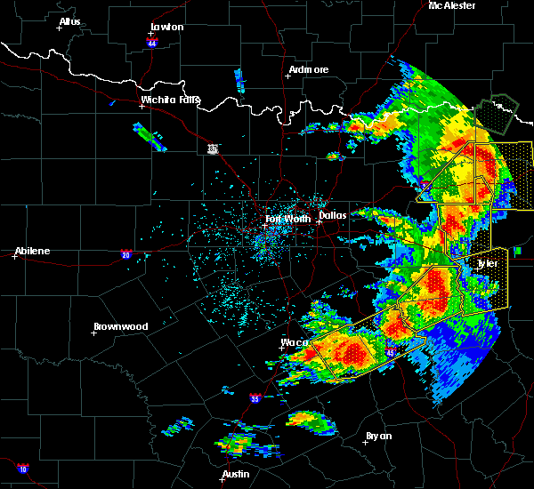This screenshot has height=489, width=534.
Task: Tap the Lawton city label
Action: click(166, 27)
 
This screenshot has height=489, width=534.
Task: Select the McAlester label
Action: click(452, 5)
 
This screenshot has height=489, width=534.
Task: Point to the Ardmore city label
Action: click(309, 69)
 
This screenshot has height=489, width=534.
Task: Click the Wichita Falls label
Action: click(171, 100)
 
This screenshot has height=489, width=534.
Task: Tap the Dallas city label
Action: click(332, 214)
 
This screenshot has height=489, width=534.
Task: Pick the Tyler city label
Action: click(487, 263)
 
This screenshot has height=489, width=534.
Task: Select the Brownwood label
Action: click(119, 326)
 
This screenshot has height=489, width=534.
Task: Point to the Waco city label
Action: click(295, 341)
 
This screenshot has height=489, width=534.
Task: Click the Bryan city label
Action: click(378, 436)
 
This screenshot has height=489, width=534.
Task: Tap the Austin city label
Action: click(236, 474)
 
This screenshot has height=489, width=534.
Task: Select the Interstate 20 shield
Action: click(125, 254)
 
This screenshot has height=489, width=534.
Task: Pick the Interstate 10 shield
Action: click(22, 468)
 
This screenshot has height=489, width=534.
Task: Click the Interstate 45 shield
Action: click(390, 353)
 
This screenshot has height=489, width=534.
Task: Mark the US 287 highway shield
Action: click(212, 148)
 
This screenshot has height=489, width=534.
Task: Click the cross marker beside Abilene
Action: click(15, 256)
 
